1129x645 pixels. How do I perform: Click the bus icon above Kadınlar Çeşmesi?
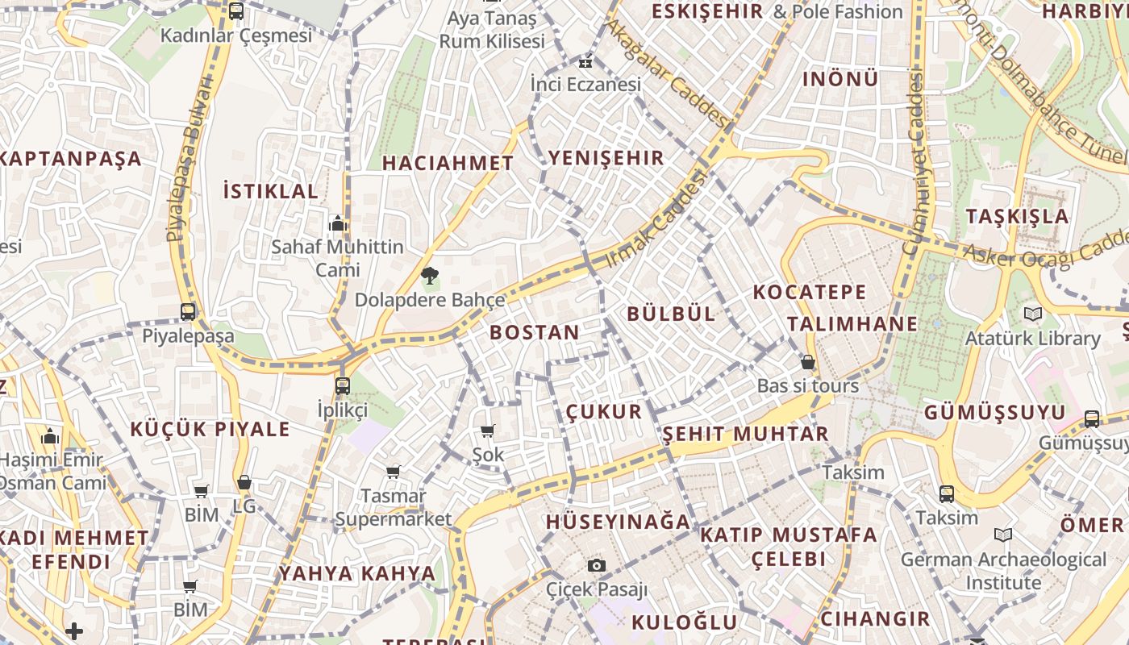pos(235,11)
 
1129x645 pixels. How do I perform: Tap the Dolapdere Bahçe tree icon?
pos(430,277)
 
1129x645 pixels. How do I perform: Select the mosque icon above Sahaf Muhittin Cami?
pos(337,223)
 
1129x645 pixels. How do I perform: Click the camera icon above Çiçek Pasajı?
pos(597,565)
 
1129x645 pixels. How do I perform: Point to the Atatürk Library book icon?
pos(1032,314)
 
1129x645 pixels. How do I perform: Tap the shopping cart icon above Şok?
pos(487,431)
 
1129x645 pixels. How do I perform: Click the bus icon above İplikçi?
pos(343,385)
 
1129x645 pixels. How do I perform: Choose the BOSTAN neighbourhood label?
pos(535,332)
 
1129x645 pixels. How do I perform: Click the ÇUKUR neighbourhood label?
pos(604,412)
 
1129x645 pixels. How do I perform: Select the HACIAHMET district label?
pos(448,163)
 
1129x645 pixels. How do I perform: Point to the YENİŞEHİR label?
pos(606,158)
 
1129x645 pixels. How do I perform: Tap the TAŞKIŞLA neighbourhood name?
pos(1017,216)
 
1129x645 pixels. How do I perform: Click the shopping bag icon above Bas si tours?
pos(807,363)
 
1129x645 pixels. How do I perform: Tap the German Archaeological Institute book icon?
pos(1003,535)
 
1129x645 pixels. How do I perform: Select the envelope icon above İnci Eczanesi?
pos(585,61)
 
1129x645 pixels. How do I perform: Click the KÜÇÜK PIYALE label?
pos(209,429)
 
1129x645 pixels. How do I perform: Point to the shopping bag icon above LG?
pos(244,482)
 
